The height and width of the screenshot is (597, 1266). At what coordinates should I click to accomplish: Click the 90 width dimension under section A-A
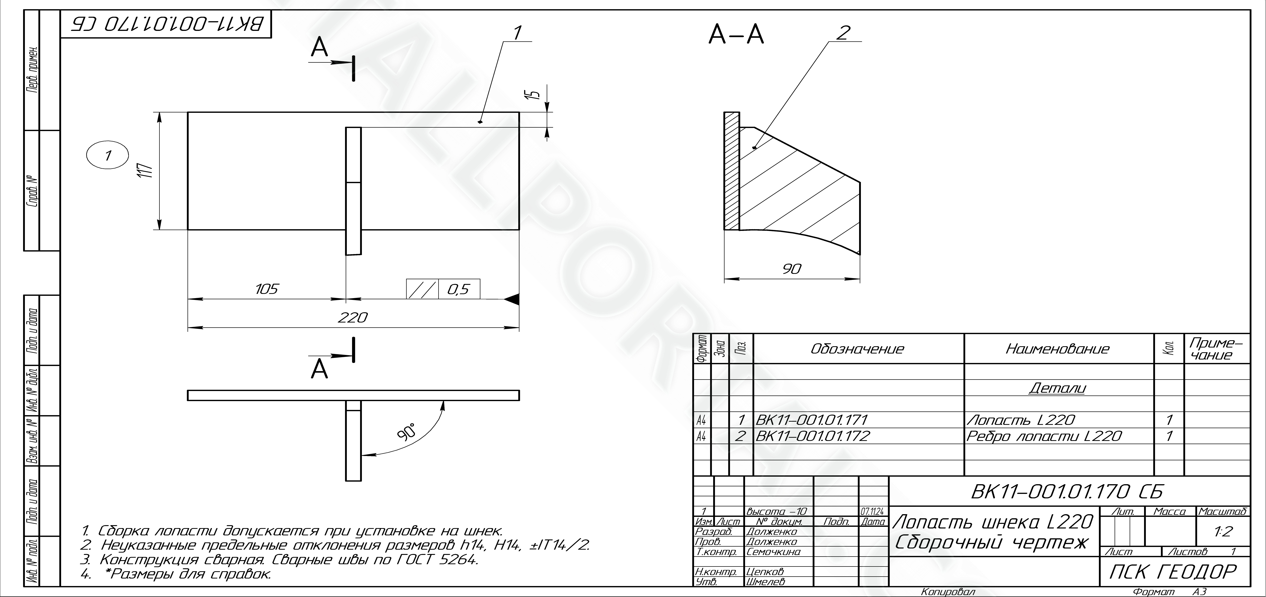792,269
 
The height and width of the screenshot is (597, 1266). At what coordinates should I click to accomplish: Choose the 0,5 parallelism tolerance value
459,289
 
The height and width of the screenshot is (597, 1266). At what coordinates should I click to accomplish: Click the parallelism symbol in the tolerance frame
422,289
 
